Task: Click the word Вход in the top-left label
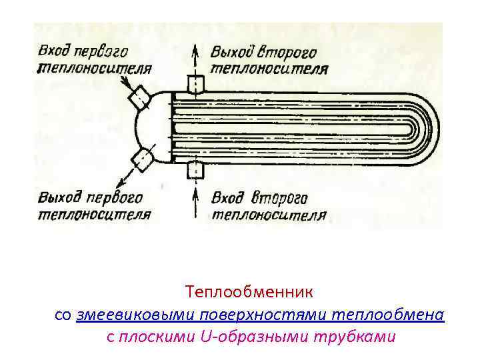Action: click(53, 51)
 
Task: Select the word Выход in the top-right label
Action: click(232, 52)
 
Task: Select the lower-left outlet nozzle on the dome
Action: click(141, 159)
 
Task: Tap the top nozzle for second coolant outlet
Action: click(195, 85)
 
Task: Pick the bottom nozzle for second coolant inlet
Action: click(195, 170)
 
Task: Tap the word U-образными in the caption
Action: click(254, 337)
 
